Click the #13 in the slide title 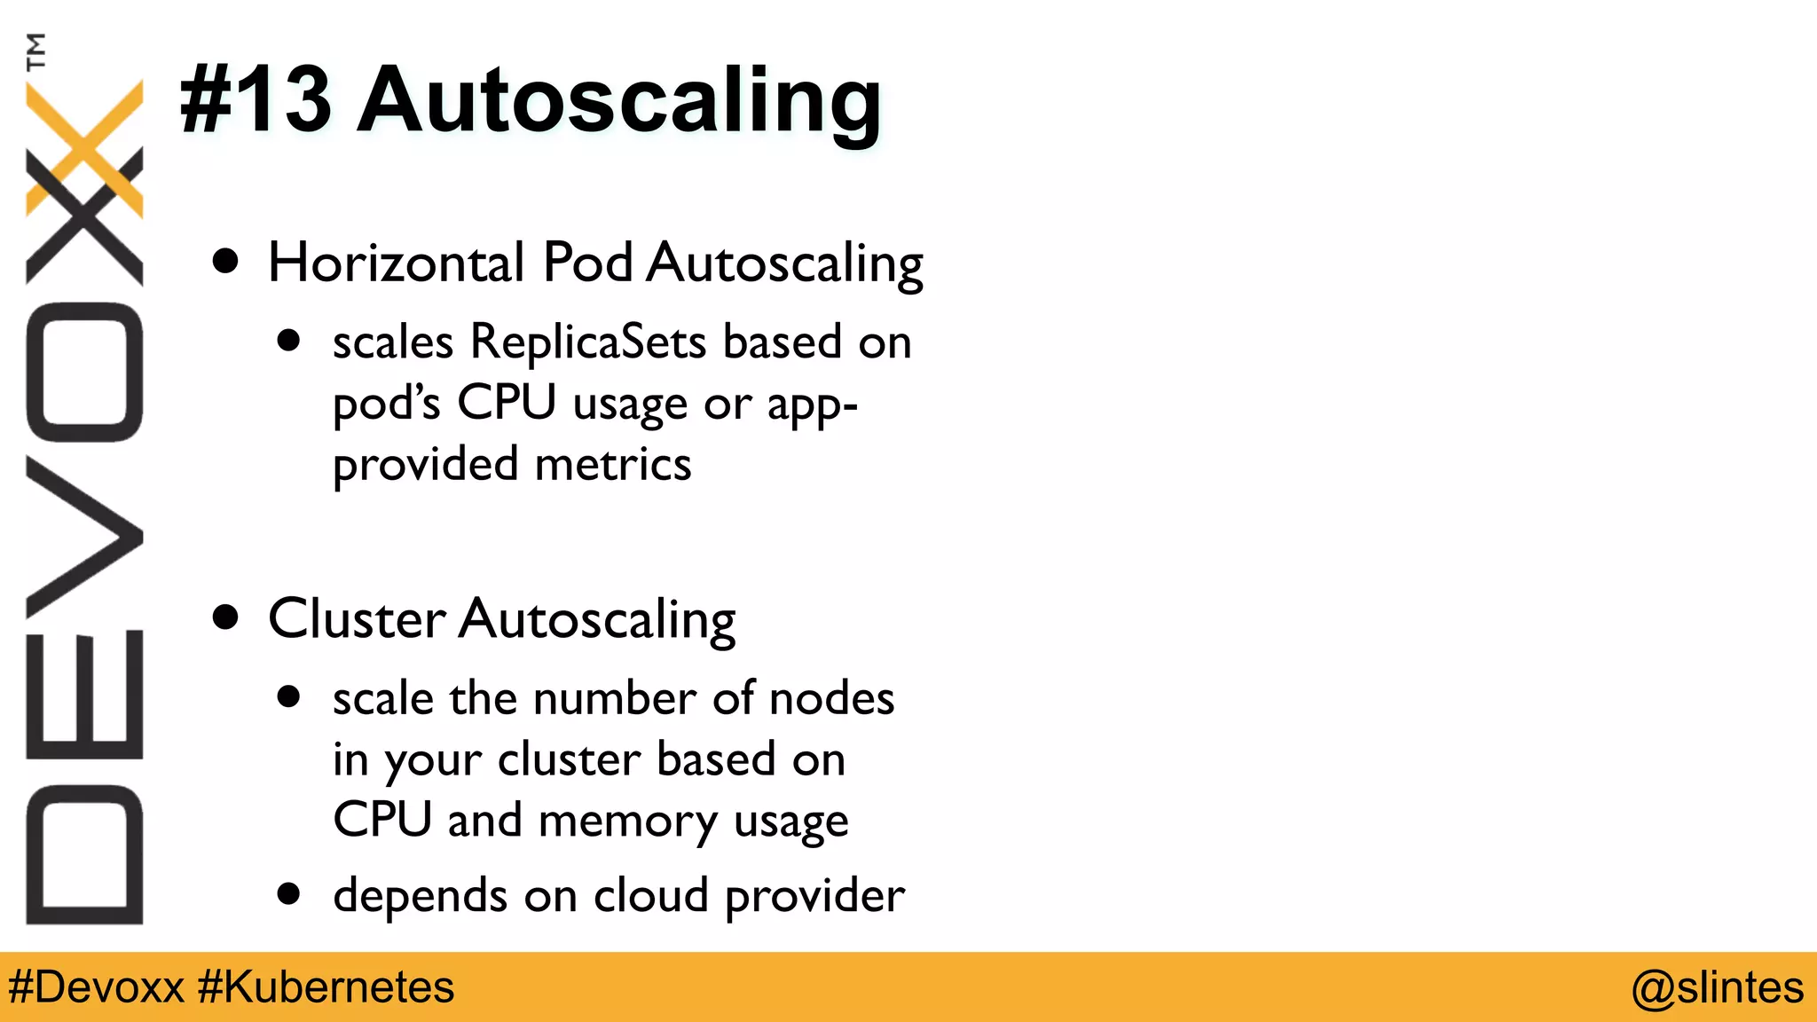coord(256,99)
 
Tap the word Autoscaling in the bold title coord(618,102)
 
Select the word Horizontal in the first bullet coord(396,263)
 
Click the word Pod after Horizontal coord(587,263)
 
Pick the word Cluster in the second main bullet coord(357,618)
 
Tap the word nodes coord(831,698)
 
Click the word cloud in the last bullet coord(650,895)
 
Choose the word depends coord(420,895)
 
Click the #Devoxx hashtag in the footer coord(96,987)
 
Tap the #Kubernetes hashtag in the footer coord(326,987)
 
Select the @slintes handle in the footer coord(1717,987)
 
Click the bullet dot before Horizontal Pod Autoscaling coord(226,262)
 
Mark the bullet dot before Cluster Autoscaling coord(226,617)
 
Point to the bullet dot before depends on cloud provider coord(288,893)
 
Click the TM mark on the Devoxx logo coord(36,51)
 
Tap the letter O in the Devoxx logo coord(84,373)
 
